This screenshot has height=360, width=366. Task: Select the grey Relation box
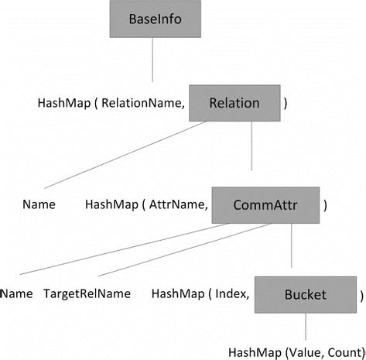coord(234,102)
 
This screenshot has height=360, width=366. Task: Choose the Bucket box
coord(306,294)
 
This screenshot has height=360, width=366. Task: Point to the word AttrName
coord(183,205)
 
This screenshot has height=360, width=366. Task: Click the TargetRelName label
coord(87,295)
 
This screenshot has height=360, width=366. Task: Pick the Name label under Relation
coord(39,205)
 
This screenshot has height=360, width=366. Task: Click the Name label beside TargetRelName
coord(16,295)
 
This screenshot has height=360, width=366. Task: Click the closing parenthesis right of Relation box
coord(286,103)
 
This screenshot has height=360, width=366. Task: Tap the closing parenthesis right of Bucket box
coord(361,295)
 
